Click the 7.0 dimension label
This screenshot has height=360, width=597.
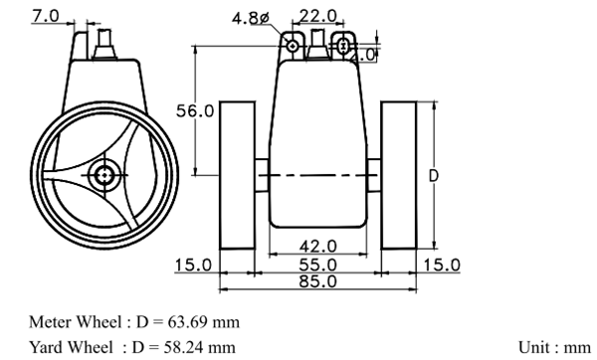[x=46, y=16]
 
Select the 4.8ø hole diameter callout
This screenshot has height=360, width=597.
[x=251, y=18]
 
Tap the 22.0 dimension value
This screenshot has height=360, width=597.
[x=318, y=16]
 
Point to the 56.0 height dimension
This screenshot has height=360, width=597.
[x=195, y=111]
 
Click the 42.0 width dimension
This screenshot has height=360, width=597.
[x=318, y=247]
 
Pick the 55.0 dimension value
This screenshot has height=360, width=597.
[x=318, y=265]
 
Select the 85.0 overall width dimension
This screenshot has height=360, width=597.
[x=318, y=281]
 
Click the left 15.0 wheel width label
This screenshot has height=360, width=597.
[x=193, y=265]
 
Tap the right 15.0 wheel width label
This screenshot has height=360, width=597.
[x=442, y=265]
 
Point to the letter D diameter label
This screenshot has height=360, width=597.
[x=434, y=176]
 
